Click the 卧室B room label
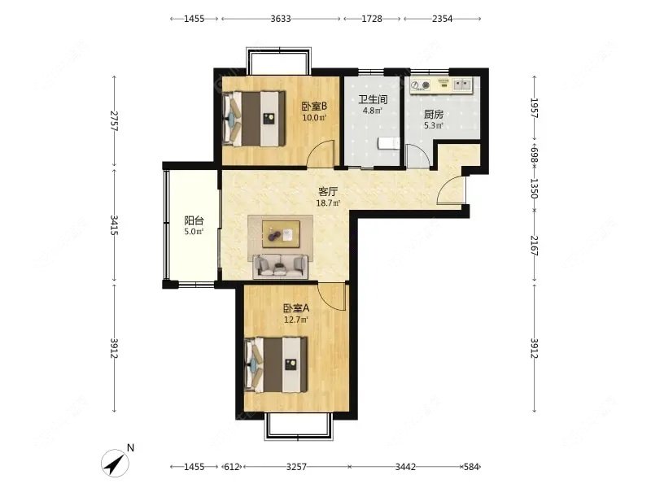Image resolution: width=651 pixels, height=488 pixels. [314, 107]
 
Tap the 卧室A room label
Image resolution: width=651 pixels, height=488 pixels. [296, 308]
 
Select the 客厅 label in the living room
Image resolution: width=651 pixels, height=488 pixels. [328, 192]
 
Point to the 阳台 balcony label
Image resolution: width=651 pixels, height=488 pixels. [194, 220]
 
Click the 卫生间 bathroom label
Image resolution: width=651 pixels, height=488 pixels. [373, 99]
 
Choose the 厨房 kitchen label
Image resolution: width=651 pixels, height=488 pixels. [434, 114]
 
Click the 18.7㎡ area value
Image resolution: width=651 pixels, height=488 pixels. [328, 203]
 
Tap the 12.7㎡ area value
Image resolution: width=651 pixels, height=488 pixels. [296, 320]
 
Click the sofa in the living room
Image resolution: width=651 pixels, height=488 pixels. [281, 266]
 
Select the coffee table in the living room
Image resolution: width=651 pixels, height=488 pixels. [281, 234]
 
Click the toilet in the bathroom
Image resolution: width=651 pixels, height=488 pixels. [389, 144]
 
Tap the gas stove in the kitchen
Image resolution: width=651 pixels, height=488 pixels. [420, 85]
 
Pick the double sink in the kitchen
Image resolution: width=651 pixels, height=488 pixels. [462, 85]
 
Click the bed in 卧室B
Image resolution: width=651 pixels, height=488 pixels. [254, 119]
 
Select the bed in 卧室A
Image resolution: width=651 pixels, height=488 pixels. [277, 364]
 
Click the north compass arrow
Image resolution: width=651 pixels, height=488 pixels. [115, 462]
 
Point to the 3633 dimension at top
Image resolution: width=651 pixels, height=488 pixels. [281, 19]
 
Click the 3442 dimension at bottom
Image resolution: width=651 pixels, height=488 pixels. [405, 467]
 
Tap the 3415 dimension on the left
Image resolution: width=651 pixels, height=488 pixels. [114, 225]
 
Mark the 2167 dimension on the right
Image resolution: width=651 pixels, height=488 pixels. [535, 246]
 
